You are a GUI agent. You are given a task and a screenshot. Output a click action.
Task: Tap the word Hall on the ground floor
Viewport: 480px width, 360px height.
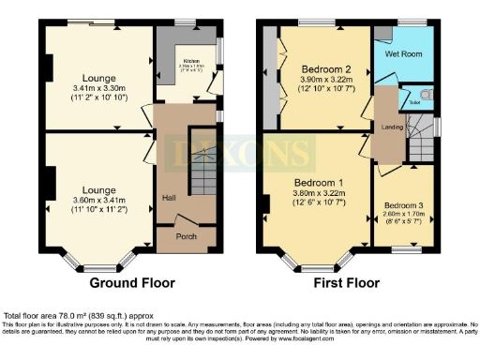(x=169, y=198)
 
